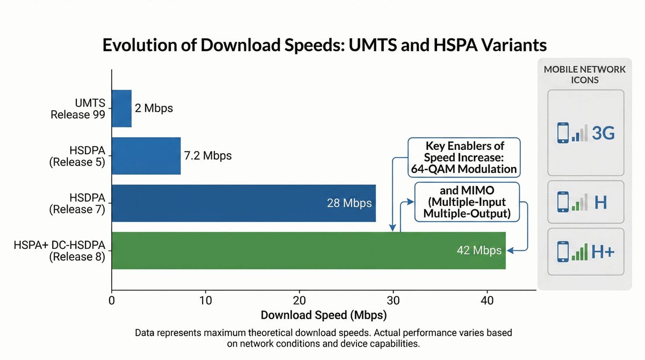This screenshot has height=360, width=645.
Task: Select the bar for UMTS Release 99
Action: coord(121,108)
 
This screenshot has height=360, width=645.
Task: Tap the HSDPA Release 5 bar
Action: coord(146,155)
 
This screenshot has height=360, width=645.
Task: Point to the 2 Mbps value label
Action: coord(154,108)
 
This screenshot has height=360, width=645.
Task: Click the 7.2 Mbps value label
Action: coord(208,156)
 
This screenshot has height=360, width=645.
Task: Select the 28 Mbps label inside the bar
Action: coord(349,203)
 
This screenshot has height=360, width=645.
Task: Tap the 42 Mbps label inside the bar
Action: coord(479,250)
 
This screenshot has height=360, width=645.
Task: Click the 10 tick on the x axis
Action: coord(205,301)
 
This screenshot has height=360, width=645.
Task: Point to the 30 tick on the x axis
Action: coord(393,301)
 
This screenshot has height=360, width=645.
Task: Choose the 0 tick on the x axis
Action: coord(111,301)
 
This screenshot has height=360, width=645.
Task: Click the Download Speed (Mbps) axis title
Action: coord(324,314)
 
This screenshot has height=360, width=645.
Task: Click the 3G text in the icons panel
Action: coord(602,133)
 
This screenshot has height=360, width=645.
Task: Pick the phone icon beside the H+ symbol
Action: coord(563,251)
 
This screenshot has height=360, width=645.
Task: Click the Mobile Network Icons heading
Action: coord(585,75)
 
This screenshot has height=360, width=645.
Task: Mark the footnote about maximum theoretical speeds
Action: coord(324,338)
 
